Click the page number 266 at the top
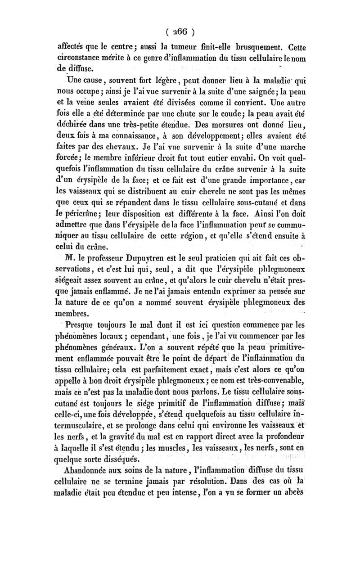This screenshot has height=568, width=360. (x=180, y=32)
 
